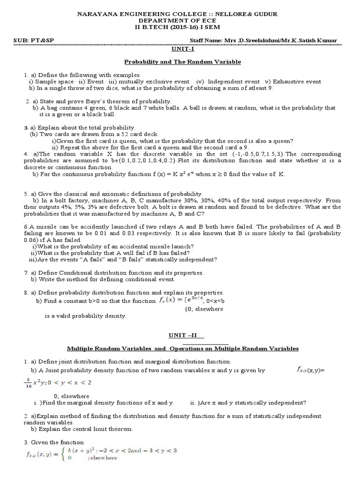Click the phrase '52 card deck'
point(121,134)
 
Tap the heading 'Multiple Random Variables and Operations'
point(183,349)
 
